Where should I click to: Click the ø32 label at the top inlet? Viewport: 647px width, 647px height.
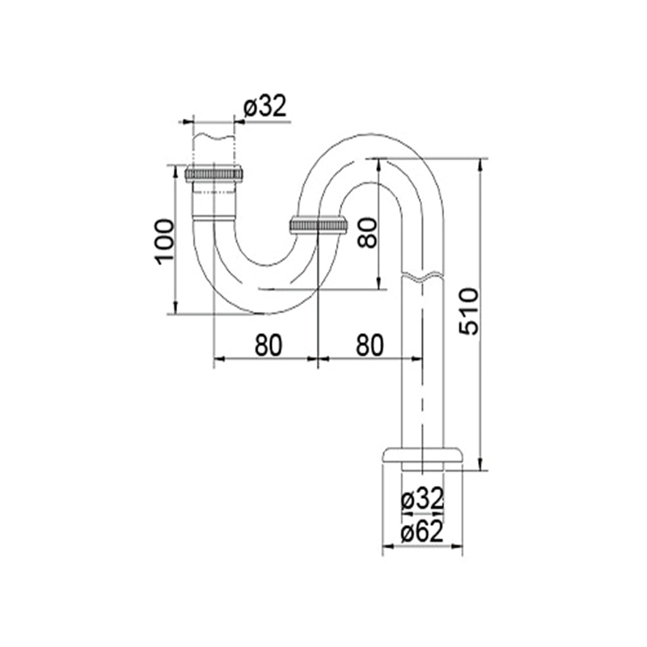point(264,107)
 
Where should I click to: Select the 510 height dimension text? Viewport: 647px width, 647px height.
point(470,311)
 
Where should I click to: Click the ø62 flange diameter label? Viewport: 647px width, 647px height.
point(422,532)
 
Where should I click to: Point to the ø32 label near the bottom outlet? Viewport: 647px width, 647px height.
point(422,500)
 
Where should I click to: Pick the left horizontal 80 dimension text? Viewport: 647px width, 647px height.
point(269,345)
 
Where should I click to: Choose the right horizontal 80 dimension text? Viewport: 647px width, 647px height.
point(370,345)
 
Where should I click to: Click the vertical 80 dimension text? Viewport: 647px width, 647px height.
point(367,233)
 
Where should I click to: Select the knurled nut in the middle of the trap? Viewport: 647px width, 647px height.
point(318,226)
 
